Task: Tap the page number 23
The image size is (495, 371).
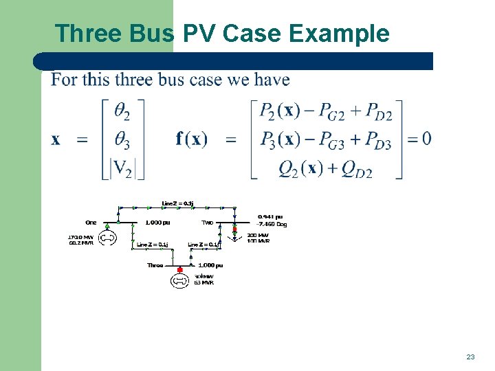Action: point(470,357)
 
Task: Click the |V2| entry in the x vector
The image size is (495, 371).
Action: point(123,168)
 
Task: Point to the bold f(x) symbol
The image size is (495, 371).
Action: point(191,139)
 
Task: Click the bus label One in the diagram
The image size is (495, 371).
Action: point(91,223)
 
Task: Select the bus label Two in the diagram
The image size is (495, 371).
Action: point(207,223)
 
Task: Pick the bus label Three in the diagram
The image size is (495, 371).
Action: point(155,265)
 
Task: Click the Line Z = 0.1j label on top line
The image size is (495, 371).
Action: point(177,203)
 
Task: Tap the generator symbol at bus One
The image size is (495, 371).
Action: point(107,239)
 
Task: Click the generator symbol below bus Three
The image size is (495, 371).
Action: point(180,280)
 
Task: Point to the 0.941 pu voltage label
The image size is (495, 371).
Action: point(269,217)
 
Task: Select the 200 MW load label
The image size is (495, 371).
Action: point(258,236)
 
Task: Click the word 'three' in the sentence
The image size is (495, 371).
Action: point(133,80)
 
